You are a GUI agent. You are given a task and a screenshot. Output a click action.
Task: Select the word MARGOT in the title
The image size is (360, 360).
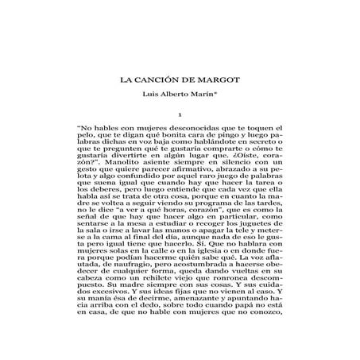coord(219,79)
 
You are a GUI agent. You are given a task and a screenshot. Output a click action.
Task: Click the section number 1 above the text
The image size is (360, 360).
coord(180,116)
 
